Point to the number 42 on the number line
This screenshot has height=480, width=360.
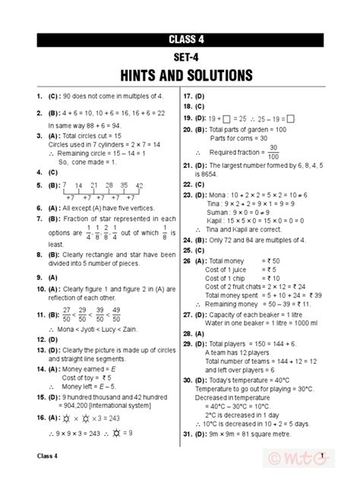click(x=139, y=185)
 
